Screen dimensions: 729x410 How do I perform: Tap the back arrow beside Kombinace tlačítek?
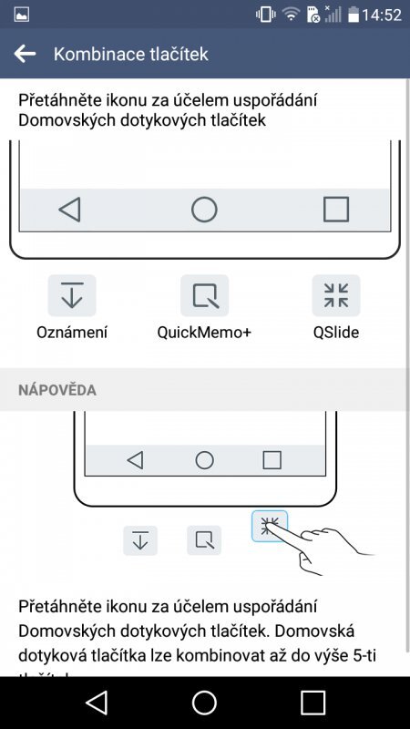pos(25,54)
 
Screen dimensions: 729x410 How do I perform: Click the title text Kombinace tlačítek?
pos(131,54)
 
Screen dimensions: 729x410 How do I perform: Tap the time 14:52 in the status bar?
pos(382,15)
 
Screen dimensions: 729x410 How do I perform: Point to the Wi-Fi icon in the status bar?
pos(291,15)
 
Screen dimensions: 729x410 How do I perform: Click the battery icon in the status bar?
pos(353,15)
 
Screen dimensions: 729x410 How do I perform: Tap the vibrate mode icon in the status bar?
pos(266,15)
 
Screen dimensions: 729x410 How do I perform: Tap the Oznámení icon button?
pos(72,295)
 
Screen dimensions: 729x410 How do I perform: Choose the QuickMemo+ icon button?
pos(204,295)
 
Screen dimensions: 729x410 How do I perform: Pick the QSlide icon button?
pos(335,295)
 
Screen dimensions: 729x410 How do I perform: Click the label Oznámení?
pos(72,333)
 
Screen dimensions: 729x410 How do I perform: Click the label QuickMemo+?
pos(204,333)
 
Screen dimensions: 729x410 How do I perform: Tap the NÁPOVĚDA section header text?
pos(57,390)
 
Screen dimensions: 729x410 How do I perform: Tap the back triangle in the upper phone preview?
pos(70,210)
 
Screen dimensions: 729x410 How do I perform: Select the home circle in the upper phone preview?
pos(204,210)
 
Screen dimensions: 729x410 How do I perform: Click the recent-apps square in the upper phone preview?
pos(335,210)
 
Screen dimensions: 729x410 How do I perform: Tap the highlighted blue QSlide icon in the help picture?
pos(270,526)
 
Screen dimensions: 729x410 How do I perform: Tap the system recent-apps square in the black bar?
pos(313,702)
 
